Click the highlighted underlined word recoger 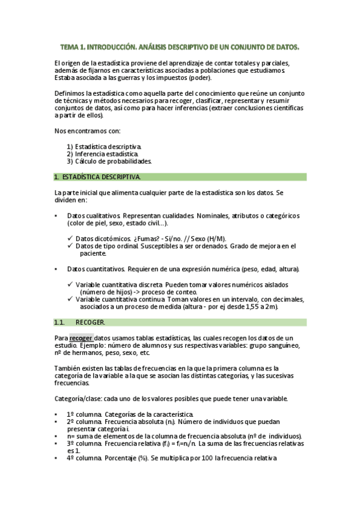coord(81,338)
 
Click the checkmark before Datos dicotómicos coord(70,238)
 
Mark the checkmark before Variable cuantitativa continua coord(70,299)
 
